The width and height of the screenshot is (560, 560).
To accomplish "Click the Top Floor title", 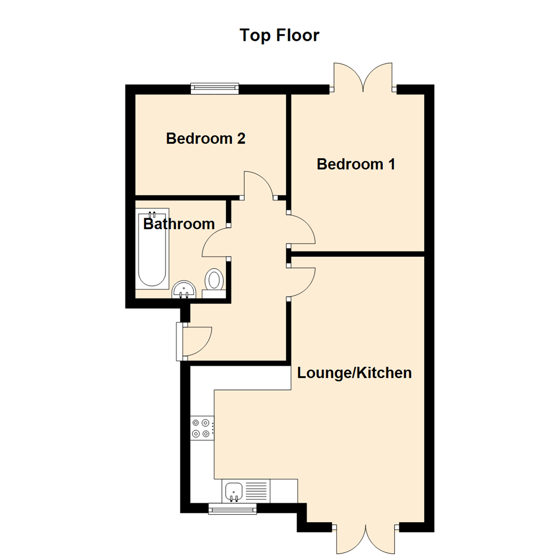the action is coord(279,35).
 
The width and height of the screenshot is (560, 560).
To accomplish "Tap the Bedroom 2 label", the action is coord(206,138).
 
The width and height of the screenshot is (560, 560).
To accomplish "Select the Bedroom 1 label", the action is coord(356,164).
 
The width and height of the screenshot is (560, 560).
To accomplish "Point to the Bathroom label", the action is coord(179,225).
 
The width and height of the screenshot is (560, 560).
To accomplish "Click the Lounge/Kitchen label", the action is coord(354,373).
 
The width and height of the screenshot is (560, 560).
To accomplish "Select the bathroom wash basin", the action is coord(184,290).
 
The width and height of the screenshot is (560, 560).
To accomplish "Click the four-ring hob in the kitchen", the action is coord(202,428).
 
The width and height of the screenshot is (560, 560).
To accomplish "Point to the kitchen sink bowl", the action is coord(233,491).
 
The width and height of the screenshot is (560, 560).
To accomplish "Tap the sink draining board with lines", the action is coord(256,491).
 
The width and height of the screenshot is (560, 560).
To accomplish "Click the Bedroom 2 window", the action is coord(215,88).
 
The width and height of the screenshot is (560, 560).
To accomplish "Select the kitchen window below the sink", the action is coord(232,509).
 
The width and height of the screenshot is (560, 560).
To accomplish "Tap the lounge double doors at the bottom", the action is coord(366,539).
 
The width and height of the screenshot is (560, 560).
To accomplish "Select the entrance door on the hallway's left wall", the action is coord(194,342).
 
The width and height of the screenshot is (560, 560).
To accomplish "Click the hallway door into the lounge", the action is coord(301,283).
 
